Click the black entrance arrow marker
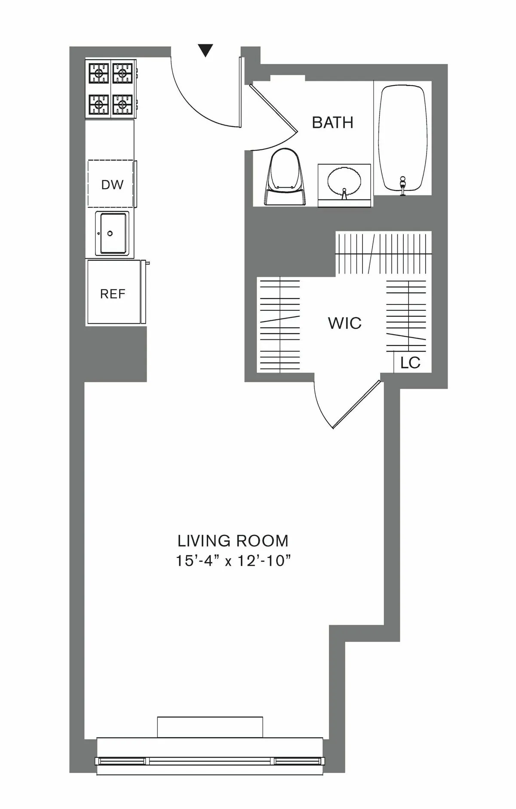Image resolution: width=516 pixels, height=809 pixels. tap(206, 50)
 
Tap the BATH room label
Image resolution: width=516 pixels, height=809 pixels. tap(332, 123)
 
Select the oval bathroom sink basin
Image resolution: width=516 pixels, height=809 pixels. tap(344, 181)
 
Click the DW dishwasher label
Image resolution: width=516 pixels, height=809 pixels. tap(112, 185)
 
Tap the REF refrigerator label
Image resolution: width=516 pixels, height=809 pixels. tap(113, 294)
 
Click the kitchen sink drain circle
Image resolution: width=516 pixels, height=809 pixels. tap(110, 233)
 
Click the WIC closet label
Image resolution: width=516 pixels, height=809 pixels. tap(344, 323)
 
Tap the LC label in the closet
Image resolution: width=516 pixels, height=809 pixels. tap(410, 363)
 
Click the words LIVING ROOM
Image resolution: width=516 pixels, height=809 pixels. tap(233, 540)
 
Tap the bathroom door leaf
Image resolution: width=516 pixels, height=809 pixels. tap(273, 108)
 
